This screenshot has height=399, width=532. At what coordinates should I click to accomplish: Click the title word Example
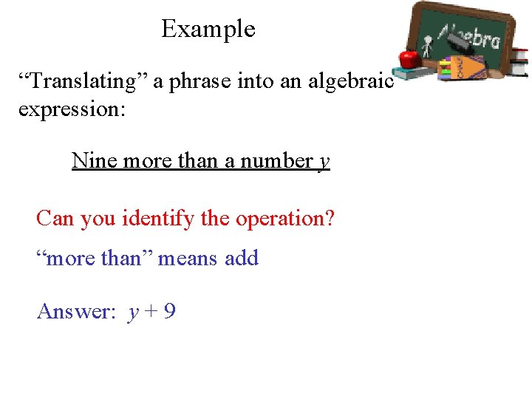(208, 30)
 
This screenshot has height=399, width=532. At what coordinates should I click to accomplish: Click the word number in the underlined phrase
(278, 160)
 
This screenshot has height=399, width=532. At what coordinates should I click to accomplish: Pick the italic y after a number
(324, 162)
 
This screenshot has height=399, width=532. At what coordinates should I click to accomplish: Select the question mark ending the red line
(330, 219)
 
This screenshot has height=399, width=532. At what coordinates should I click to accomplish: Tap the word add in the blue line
(242, 259)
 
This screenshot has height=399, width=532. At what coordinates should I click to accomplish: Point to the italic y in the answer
(133, 313)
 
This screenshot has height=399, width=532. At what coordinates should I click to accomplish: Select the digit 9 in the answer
(169, 312)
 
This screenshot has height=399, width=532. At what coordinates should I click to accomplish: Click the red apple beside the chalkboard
(407, 58)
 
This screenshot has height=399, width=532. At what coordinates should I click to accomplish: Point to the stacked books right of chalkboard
(520, 62)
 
